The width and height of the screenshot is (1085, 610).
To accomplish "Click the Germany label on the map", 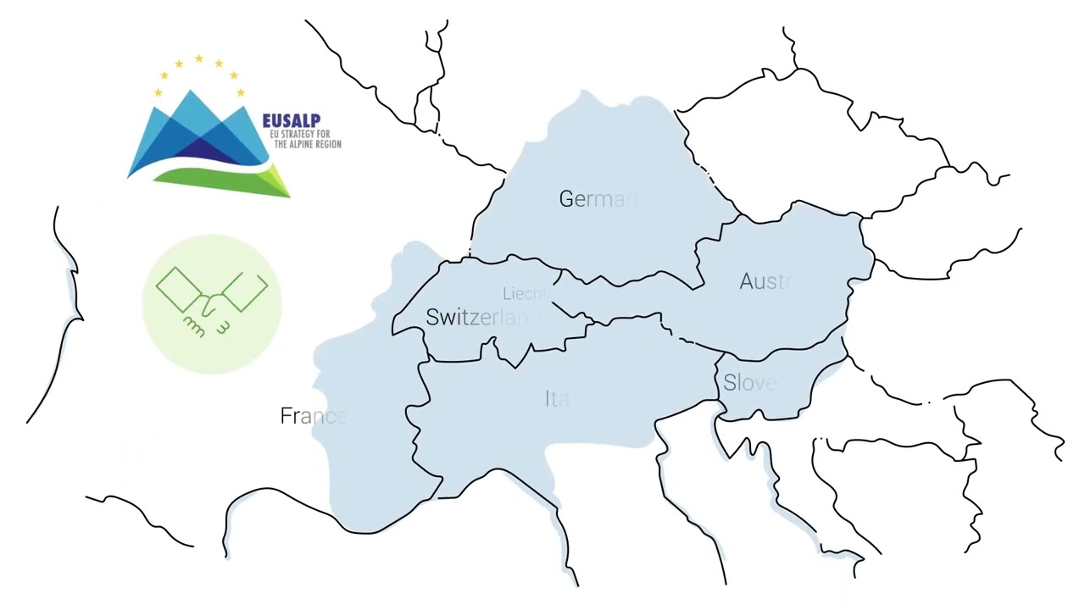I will (597, 199).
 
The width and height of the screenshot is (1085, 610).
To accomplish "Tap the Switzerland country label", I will (482, 318).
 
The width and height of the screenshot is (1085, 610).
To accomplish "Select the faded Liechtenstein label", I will (526, 294).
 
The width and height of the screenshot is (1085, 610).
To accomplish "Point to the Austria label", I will (767, 281).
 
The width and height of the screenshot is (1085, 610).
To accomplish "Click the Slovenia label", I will (759, 383).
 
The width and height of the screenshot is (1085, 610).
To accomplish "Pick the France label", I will (313, 416).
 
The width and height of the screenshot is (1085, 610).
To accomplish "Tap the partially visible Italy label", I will (557, 399).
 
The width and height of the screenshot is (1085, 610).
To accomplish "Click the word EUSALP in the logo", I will (291, 122).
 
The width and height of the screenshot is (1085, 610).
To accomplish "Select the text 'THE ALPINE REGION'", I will (308, 145).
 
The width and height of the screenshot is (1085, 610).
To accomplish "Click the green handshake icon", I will (212, 303).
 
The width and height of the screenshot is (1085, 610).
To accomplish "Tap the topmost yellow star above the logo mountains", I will (198, 58).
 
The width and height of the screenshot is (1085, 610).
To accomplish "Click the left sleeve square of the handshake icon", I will (178, 289).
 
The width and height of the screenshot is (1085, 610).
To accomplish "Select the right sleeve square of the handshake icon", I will (245, 291).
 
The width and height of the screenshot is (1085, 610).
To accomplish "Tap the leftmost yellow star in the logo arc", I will (158, 92).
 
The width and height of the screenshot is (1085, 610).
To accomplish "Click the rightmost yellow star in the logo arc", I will (241, 92).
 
